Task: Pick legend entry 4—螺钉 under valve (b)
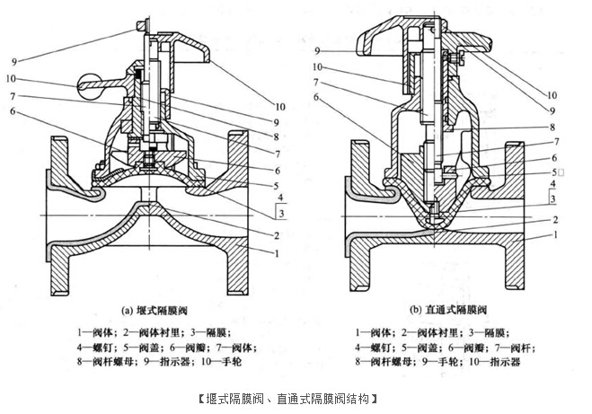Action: (x=381, y=345)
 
